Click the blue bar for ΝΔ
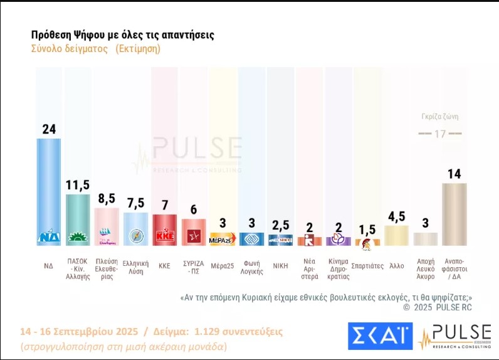coord(49,188)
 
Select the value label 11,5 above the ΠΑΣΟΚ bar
coord(78,184)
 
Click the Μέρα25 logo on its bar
coord(221,241)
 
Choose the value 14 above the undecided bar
coord(454,173)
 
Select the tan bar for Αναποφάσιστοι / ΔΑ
coord(454,213)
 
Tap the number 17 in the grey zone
coord(440,134)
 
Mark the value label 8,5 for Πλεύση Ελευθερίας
coord(107,199)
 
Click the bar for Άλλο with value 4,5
coord(396,235)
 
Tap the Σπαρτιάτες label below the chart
coord(368,265)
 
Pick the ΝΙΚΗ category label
coord(280,265)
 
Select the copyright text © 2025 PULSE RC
coord(438,307)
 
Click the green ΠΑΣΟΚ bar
coord(78,220)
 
